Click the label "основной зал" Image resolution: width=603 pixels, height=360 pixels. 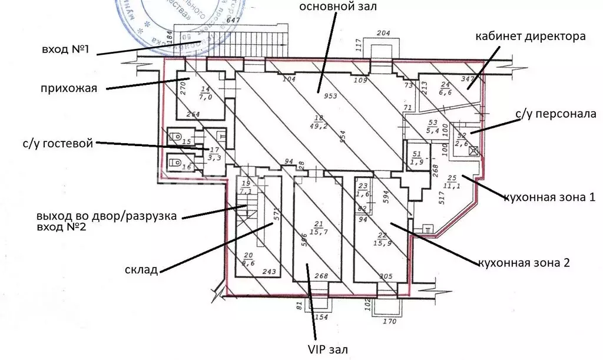(337, 8)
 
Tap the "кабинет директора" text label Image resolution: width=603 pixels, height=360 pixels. (530, 37)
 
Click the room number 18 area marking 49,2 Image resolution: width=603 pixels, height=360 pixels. (319, 121)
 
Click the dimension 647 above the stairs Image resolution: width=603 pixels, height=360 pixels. (234, 21)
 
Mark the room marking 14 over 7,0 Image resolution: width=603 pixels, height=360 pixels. (205, 93)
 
